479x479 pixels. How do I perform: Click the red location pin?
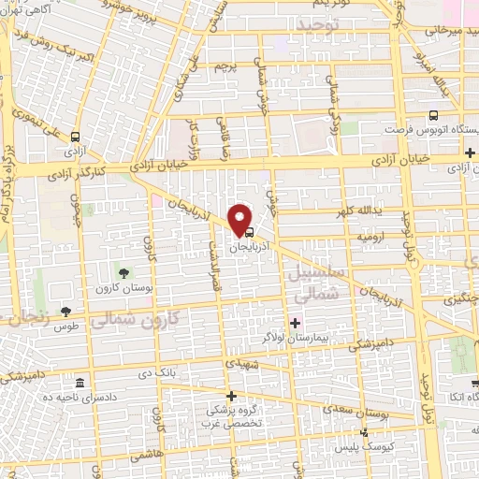tap(240, 218)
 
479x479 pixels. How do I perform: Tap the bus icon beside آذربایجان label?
tap(249, 231)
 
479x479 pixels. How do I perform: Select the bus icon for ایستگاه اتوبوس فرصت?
tap(431, 116)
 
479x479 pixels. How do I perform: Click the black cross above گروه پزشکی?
tap(231, 396)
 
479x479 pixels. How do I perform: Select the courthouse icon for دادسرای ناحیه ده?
tap(80, 385)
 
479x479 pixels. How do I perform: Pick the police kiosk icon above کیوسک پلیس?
tap(366, 432)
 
